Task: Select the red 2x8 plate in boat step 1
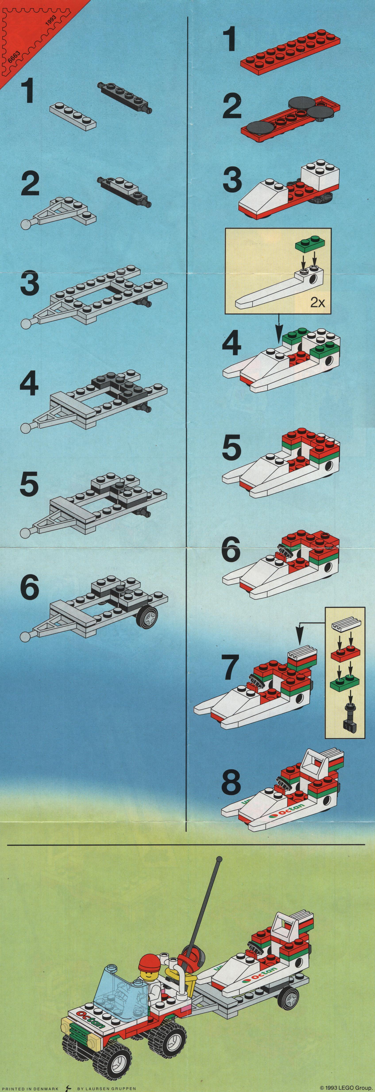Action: [291, 53]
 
